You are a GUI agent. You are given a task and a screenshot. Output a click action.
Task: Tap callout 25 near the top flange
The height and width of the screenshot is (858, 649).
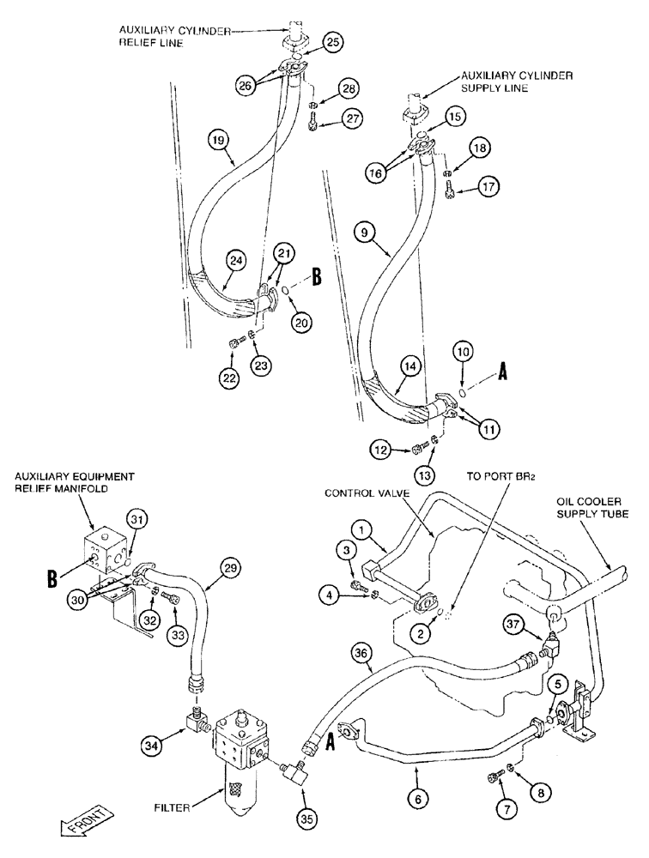(x=333, y=41)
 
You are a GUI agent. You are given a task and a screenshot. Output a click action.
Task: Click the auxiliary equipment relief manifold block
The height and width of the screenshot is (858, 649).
(x=106, y=551)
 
